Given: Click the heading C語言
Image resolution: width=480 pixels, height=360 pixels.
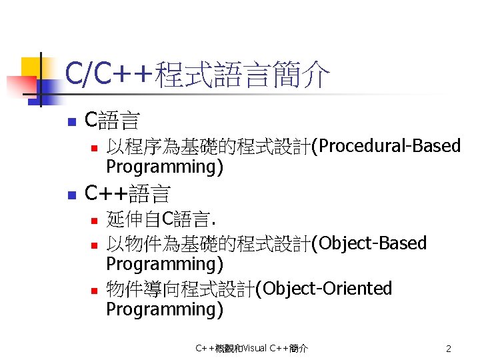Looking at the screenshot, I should click(113, 121).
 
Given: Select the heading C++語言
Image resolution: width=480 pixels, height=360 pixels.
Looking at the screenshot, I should click(128, 194).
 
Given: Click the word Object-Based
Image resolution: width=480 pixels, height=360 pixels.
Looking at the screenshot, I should click(373, 243).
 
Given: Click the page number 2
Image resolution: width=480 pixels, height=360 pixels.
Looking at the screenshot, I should click(449, 349).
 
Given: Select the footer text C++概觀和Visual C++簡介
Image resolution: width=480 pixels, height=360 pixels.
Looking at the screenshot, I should click(251, 349).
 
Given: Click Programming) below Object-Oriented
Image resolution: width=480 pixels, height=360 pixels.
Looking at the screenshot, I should click(165, 309).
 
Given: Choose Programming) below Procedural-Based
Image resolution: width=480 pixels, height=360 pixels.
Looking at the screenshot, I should click(165, 167).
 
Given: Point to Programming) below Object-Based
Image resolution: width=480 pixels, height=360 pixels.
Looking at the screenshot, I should click(165, 264).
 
